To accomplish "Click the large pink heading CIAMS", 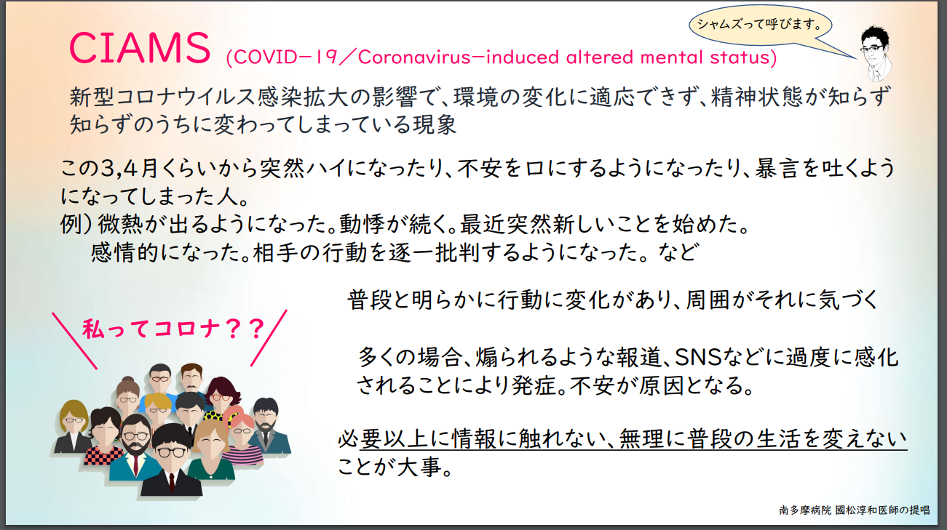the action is pyautogui.click(x=140, y=47).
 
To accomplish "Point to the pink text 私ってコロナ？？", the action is pyautogui.click(x=174, y=329).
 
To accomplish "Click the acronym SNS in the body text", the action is pyautogui.click(x=697, y=357).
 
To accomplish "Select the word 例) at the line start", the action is pyautogui.click(x=76, y=224).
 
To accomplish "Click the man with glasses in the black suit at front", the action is pyautogui.click(x=171, y=460).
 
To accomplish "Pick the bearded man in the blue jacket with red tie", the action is pyautogui.click(x=135, y=447).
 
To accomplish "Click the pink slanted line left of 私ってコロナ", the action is pyautogui.click(x=74, y=341).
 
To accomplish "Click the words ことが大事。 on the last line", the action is pyautogui.click(x=395, y=467).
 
